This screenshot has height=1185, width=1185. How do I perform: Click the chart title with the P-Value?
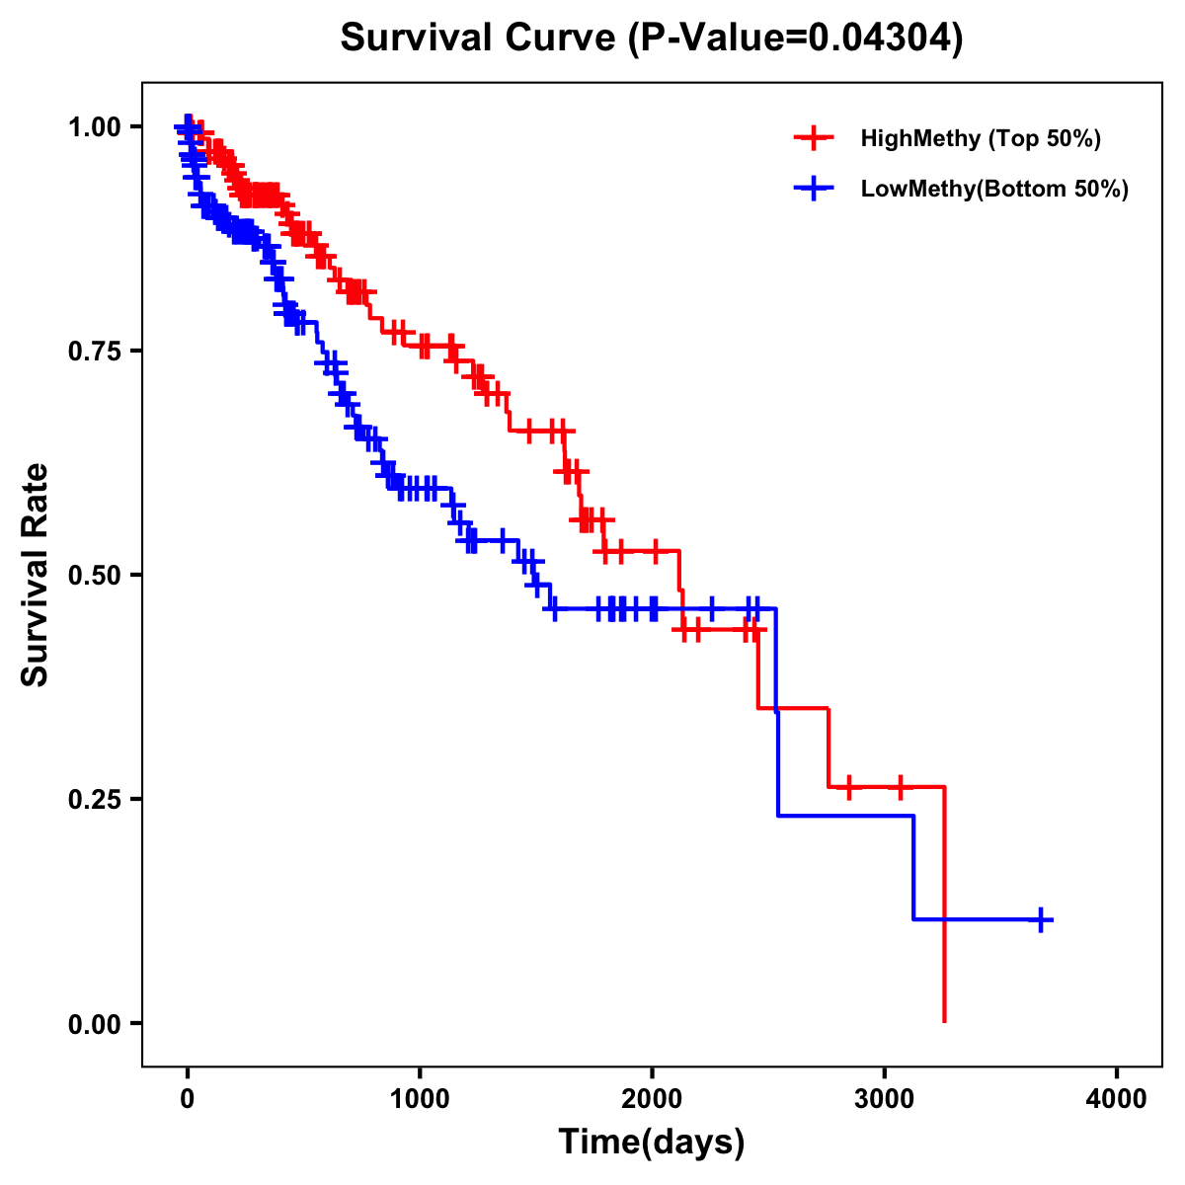[651, 38]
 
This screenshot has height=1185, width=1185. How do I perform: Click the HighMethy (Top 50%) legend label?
[980, 138]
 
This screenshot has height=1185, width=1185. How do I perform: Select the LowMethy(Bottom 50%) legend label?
[993, 189]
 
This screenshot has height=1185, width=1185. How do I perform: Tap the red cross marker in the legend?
[814, 138]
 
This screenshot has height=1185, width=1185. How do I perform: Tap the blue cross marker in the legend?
[814, 189]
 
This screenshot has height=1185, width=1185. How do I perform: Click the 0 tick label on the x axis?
[188, 1099]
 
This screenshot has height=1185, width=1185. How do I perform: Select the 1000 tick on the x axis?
[420, 1099]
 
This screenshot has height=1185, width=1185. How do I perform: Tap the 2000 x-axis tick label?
[652, 1099]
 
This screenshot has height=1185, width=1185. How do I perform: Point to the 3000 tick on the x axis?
[885, 1099]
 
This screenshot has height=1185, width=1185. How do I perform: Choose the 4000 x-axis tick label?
[1117, 1099]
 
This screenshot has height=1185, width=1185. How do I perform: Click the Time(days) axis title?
[652, 1143]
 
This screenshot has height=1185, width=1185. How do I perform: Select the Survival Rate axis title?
[36, 575]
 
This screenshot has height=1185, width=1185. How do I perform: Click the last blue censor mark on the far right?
[1040, 919]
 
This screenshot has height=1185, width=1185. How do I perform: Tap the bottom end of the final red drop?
[945, 1020]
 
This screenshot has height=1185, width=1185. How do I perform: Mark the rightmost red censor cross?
[900, 787]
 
